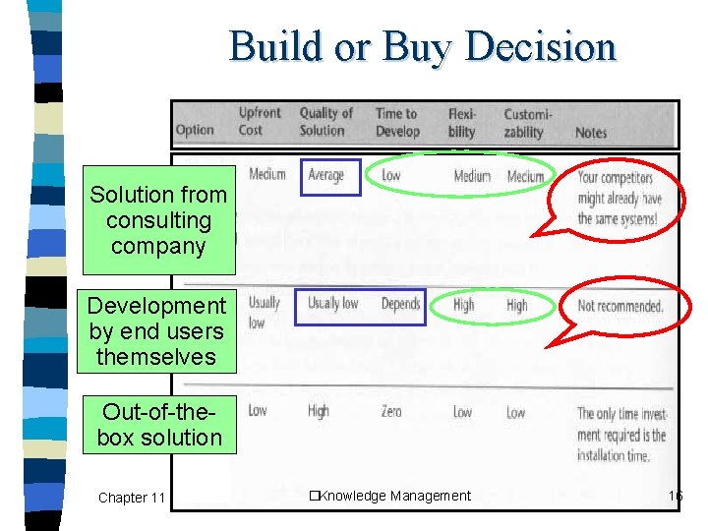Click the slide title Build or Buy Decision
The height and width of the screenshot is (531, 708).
[423, 46]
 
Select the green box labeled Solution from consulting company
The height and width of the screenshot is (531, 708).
[158, 221]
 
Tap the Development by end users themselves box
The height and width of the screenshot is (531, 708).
[157, 331]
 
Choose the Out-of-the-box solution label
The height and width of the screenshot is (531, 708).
[159, 425]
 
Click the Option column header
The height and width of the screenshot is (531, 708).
[195, 130]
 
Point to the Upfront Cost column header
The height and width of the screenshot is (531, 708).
[260, 122]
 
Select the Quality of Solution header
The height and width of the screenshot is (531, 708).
[325, 122]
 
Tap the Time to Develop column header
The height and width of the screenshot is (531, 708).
[397, 122]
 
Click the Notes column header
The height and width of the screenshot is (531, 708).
[591, 132]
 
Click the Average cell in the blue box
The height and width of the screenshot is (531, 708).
[326, 176]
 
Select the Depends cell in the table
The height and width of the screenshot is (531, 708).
[400, 304]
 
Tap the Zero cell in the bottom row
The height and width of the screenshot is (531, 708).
[391, 412]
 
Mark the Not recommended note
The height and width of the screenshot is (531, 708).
[620, 306]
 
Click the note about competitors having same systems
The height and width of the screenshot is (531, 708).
[619, 199]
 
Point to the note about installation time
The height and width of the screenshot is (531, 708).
[621, 434]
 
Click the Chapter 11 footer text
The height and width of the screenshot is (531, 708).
[132, 498]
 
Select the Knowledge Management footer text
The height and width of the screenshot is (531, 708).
[390, 496]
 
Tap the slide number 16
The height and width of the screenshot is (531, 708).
[675, 497]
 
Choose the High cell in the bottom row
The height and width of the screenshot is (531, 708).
[318, 412]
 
